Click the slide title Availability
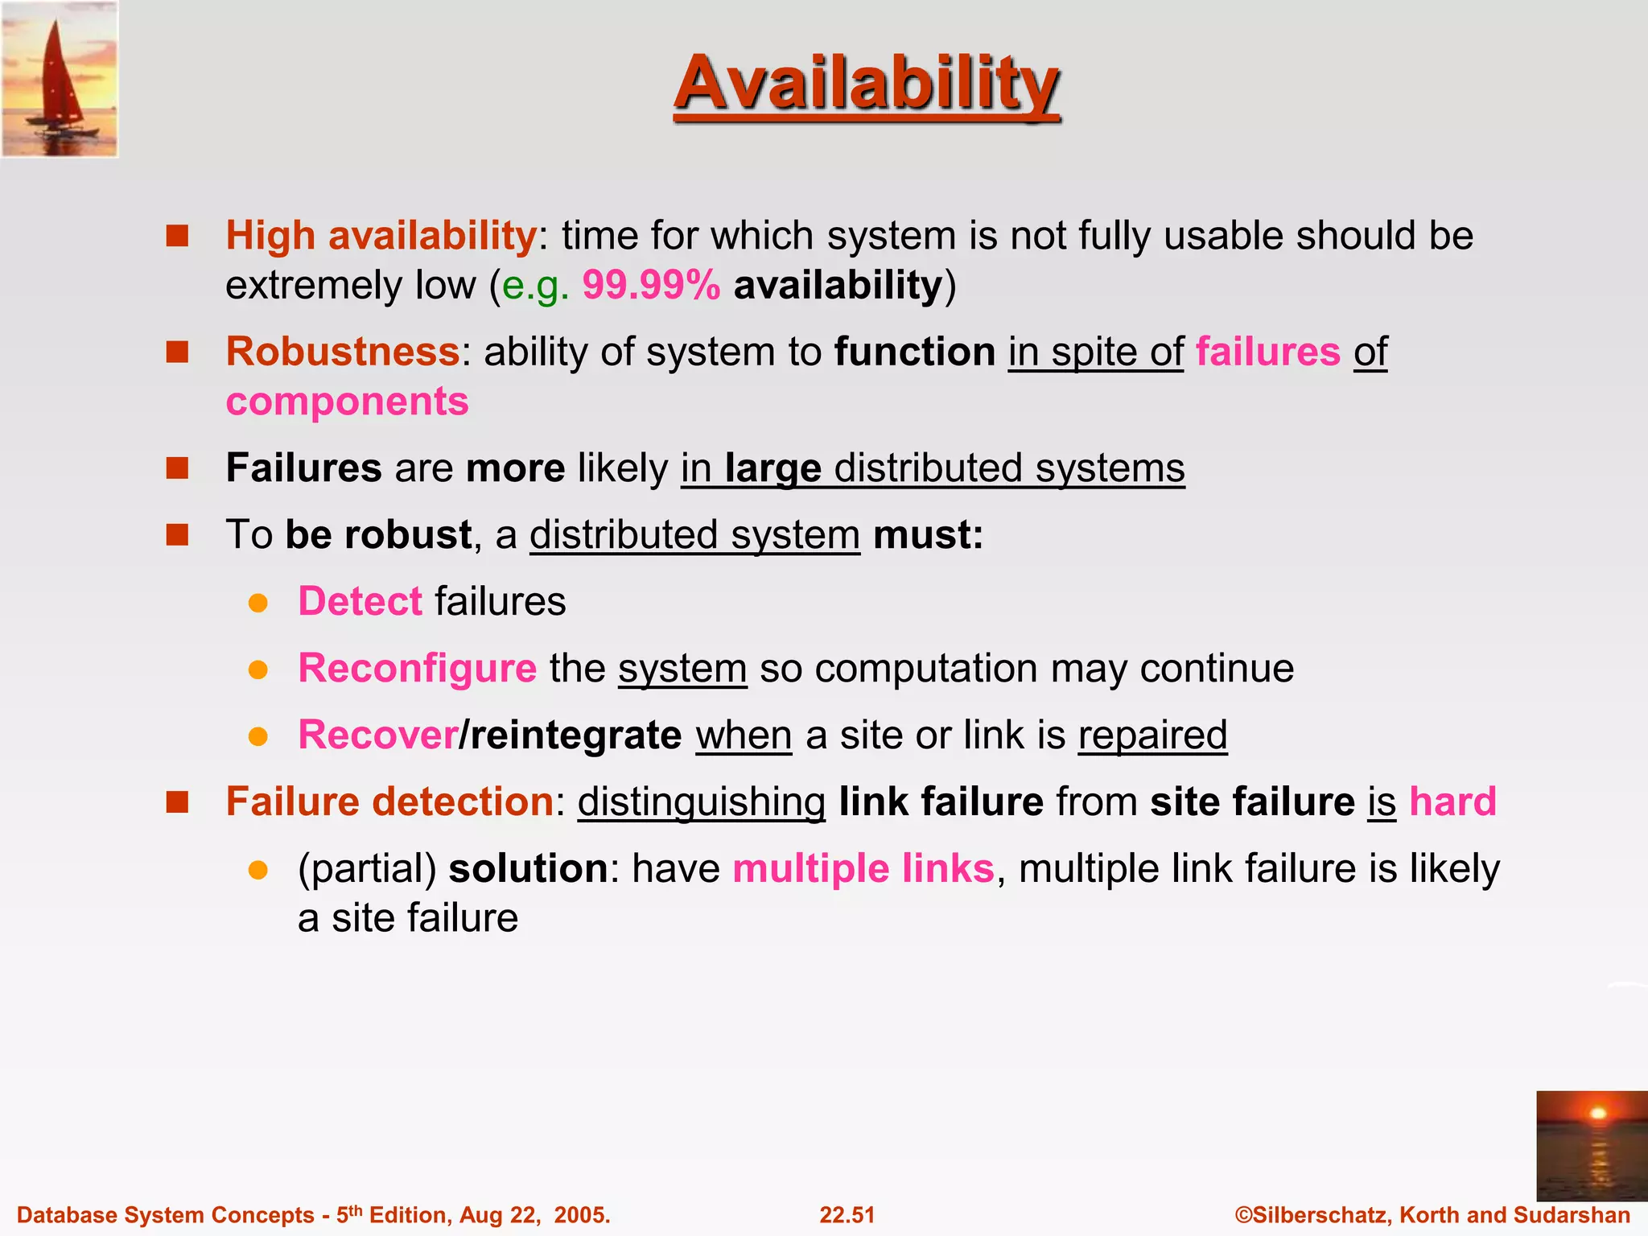pos(867,84)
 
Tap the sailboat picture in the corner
pos(60,79)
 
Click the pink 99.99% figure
pos(651,286)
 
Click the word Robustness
pos(343,352)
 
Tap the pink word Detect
pos(360,602)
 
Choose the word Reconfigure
pos(417,669)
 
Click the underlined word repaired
pos(1152,735)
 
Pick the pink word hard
pos(1452,802)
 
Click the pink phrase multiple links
pos(863,869)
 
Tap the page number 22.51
pos(847,1215)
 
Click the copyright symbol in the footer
pos(1244,1215)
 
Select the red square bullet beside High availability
pos(177,236)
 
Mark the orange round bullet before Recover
pos(257,736)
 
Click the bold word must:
pos(928,535)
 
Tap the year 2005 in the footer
pos(579,1215)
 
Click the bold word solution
pos(528,869)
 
